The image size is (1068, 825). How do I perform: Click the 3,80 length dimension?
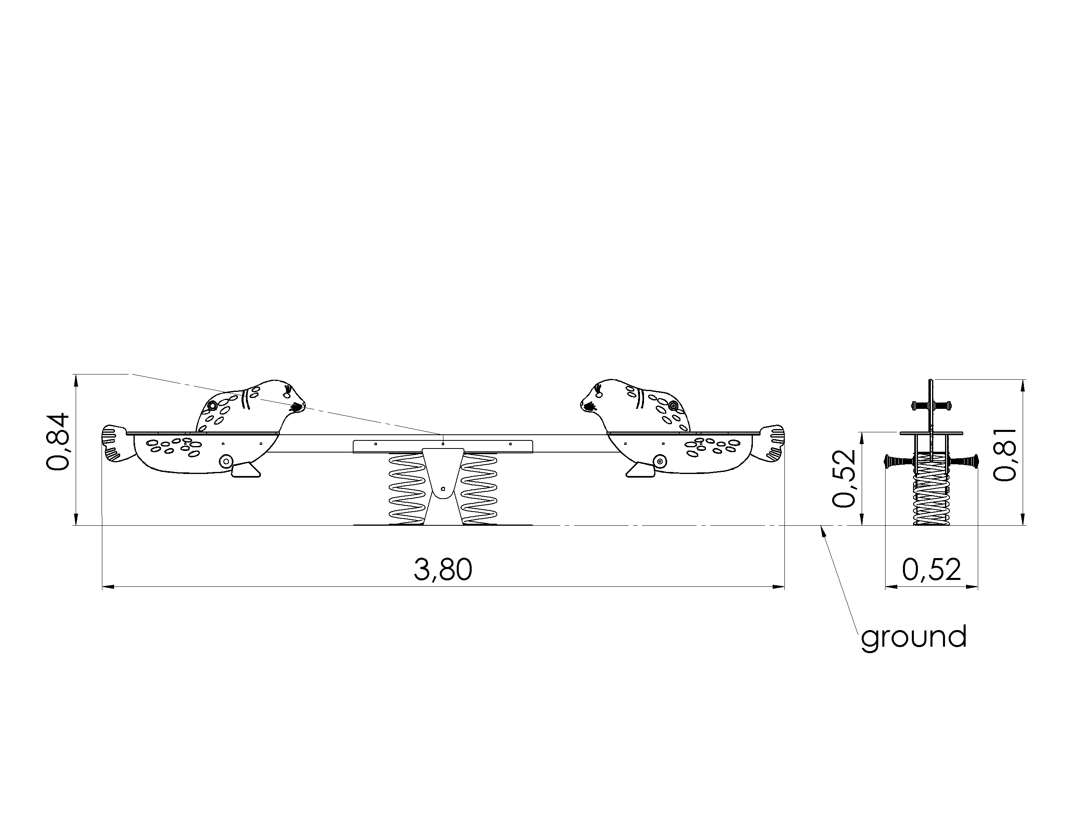tap(443, 570)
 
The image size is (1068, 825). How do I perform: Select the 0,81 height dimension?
tap(1005, 455)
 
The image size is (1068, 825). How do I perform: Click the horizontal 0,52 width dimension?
tap(931, 570)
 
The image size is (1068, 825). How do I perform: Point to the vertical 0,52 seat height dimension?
tap(843, 478)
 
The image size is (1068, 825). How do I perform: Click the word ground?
tap(913, 637)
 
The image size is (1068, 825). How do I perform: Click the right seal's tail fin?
tap(769, 443)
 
